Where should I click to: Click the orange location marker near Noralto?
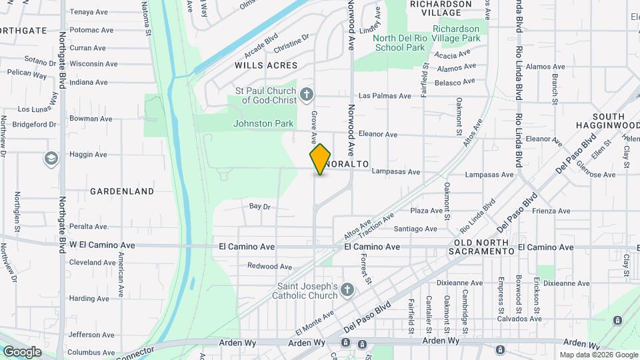(320, 159)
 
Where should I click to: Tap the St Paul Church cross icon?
(307, 94)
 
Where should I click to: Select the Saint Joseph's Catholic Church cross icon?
(347, 289)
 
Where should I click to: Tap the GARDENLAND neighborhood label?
(122, 191)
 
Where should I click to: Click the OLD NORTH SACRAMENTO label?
(484, 247)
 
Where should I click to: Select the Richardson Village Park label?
(456, 34)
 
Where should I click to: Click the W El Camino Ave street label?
(102, 245)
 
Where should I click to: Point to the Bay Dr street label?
(259, 207)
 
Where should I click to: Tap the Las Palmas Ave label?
(385, 96)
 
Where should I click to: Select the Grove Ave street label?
(313, 126)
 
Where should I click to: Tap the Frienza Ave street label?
(551, 211)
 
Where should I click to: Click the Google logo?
(22, 351)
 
